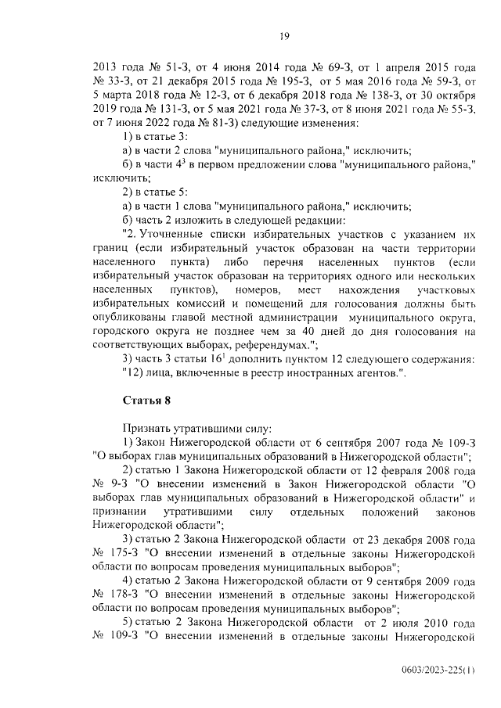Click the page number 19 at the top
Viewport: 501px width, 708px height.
pos(285,34)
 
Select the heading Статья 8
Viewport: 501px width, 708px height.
pos(146,401)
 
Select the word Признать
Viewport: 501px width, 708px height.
pos(148,428)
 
